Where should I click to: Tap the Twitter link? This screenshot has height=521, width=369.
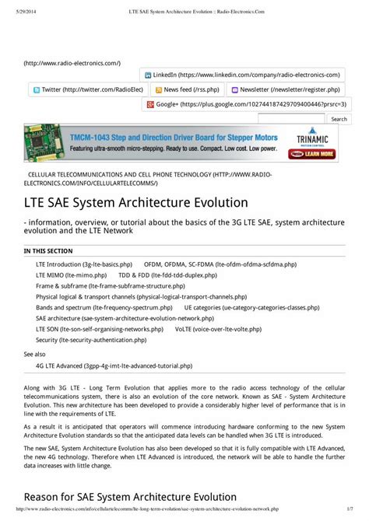click(x=82, y=89)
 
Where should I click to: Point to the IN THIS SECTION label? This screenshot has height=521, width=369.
click(x=48, y=251)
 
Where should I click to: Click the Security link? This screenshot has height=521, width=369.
click(x=90, y=341)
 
